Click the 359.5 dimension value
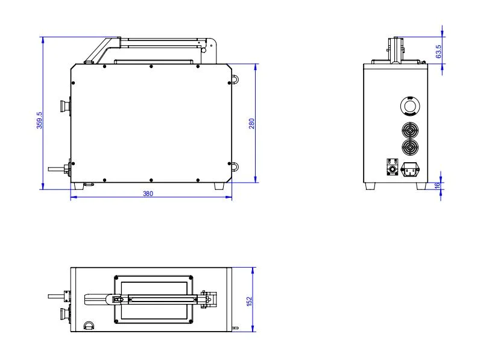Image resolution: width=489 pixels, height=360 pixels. tap(39, 120)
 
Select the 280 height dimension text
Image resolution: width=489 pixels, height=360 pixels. tap(251, 124)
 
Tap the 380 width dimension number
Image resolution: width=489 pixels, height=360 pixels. tap(148, 194)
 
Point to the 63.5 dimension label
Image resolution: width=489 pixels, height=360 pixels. tap(438, 51)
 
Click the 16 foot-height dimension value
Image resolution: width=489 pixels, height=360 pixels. tap(437, 185)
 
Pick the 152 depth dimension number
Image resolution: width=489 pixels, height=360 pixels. tap(249, 301)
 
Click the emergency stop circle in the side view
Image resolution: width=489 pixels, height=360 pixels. tap(410, 106)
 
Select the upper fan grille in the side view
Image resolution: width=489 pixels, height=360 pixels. tap(410, 130)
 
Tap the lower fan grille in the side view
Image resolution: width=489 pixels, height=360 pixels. tap(410, 147)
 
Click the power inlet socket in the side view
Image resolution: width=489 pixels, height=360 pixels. tap(410, 169)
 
